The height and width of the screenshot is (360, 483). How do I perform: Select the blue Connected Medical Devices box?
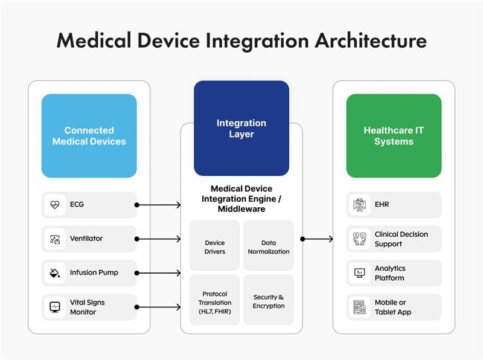(x=89, y=136)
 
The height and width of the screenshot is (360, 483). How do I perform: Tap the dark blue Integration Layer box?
(x=241, y=128)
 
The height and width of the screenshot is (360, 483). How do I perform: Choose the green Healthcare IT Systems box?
(x=393, y=136)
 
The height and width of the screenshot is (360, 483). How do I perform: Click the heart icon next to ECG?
(x=54, y=205)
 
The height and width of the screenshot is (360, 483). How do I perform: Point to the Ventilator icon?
(x=54, y=239)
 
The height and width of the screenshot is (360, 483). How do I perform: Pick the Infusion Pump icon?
(x=54, y=273)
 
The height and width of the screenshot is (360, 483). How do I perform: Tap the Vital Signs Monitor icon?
(x=54, y=307)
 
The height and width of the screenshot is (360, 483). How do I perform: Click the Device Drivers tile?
(x=214, y=246)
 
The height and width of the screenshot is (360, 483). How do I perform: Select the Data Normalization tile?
(x=268, y=246)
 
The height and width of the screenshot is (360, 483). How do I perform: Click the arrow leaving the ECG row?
(x=158, y=205)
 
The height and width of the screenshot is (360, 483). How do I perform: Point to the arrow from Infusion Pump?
(x=158, y=273)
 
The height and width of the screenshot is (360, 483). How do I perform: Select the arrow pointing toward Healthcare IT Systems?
(x=317, y=239)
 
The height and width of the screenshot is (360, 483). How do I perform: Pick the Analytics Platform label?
(x=390, y=273)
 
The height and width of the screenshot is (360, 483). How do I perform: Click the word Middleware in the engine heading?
(x=241, y=210)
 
